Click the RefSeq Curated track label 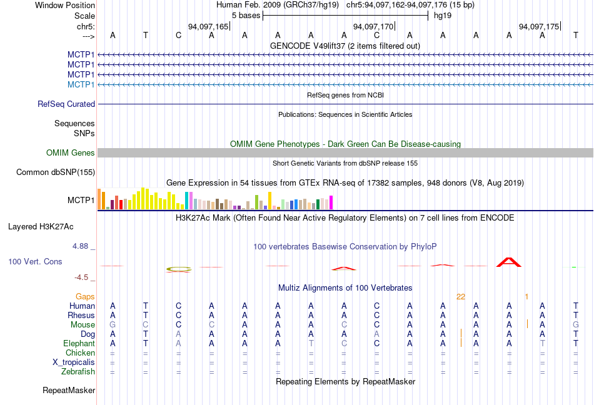[x=66, y=104]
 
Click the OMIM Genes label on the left [x=71, y=153]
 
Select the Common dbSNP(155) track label [x=56, y=172]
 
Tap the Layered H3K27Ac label [x=40, y=226]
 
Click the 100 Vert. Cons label [x=35, y=261]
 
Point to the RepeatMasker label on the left [x=69, y=391]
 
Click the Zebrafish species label [x=78, y=372]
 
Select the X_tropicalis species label [x=74, y=362]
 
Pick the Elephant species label [x=79, y=344]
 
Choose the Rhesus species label [x=81, y=316]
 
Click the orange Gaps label [x=86, y=297]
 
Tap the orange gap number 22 [x=461, y=297]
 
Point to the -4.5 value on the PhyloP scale [x=82, y=277]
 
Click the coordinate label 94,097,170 [x=373, y=27]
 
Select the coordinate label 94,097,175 [x=539, y=27]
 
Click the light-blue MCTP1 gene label [x=81, y=84]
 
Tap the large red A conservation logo [x=508, y=261]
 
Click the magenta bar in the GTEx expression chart [x=331, y=202]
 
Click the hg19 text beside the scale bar [x=443, y=15]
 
